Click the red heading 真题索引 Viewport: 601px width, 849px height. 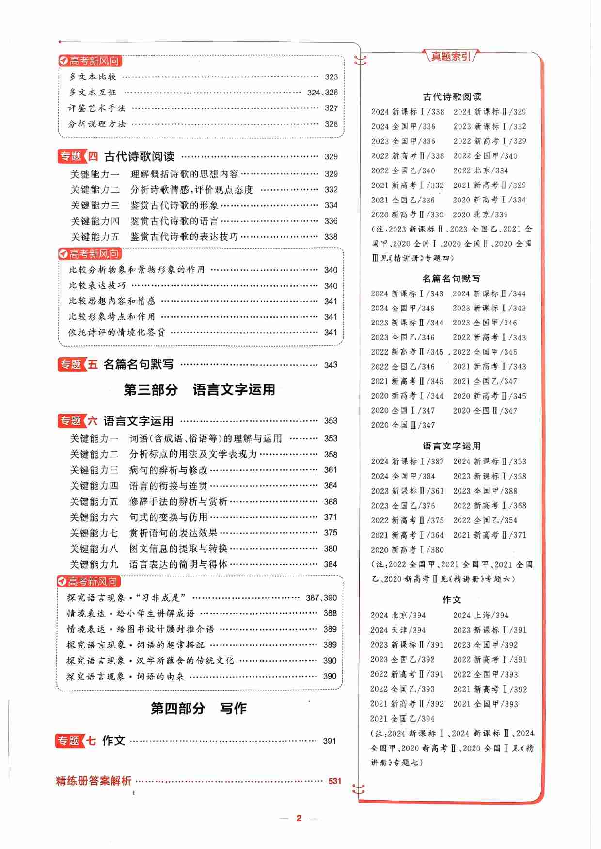(451, 56)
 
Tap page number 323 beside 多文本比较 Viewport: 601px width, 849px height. (331, 77)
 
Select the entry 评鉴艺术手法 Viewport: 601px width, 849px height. (97, 108)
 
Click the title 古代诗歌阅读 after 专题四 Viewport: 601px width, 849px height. (140, 156)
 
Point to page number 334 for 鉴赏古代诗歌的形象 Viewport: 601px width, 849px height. (331, 205)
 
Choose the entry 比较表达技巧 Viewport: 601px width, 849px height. (97, 285)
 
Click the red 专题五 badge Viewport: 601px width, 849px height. (78, 364)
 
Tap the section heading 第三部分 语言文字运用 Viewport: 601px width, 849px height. (199, 389)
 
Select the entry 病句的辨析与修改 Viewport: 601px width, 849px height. (168, 470)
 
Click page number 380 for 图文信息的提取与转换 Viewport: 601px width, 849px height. (331, 548)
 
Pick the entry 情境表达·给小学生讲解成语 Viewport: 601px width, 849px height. (131, 613)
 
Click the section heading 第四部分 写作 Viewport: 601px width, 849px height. (199, 708)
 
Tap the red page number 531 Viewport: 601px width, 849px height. (335, 781)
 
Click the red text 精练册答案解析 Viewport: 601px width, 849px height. (94, 781)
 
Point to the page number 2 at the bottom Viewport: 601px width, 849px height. (299, 818)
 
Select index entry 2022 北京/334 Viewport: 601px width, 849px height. (480, 170)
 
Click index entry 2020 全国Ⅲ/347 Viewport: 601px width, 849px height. (403, 425)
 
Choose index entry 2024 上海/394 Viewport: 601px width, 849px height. (480, 615)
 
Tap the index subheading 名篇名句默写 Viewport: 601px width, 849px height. (451, 278)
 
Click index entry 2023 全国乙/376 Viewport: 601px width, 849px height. (403, 506)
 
